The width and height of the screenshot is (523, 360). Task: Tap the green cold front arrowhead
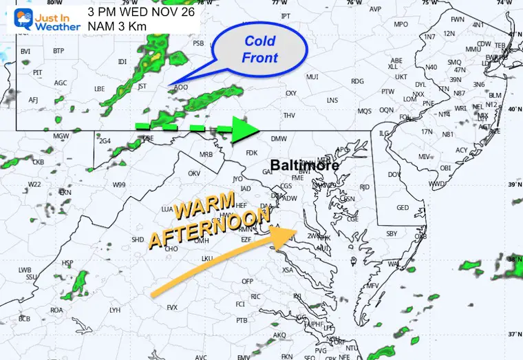tap(244, 129)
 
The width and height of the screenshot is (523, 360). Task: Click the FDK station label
tap(251, 153)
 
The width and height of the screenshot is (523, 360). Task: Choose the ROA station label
tap(56, 310)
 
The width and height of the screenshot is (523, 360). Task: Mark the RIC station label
tap(255, 296)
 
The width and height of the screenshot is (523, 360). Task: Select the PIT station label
tap(38, 72)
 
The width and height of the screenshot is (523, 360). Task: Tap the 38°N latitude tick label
tap(514, 260)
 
